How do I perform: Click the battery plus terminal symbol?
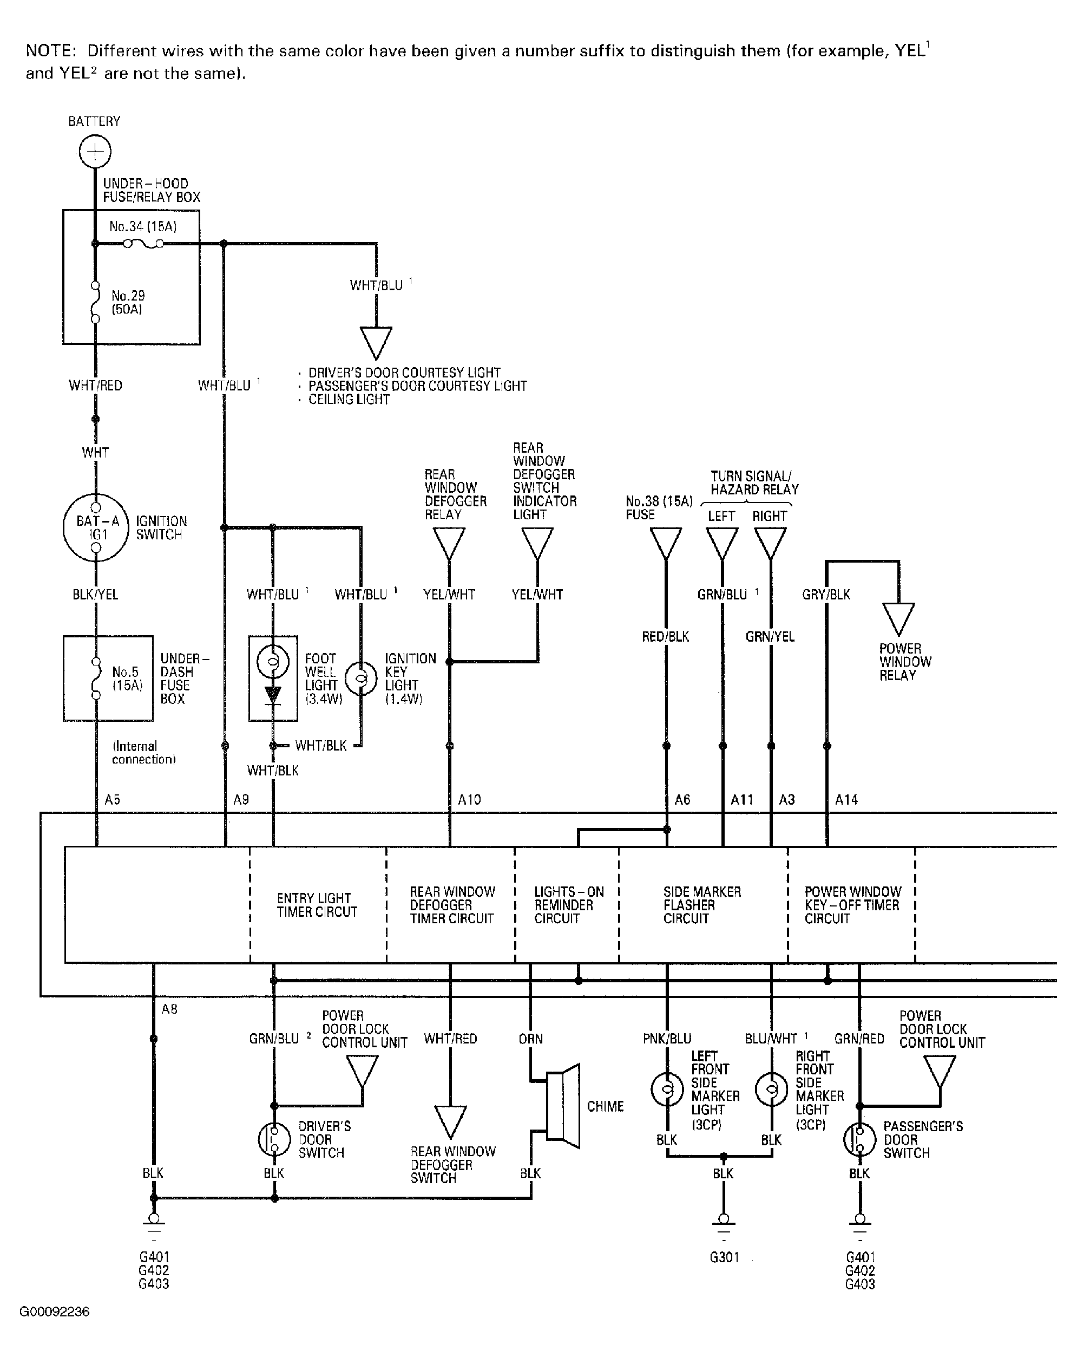point(95,152)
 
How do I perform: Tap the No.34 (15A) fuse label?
point(143,226)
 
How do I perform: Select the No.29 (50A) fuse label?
point(128,302)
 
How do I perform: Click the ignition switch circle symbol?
point(96,527)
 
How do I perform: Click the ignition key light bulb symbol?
point(361,678)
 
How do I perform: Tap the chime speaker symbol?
point(563,1106)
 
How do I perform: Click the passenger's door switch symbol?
point(859,1139)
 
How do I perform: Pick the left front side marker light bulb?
point(667,1089)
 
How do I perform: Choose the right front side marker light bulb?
point(771,1089)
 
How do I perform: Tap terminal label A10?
point(469,799)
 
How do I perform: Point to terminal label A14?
point(846,799)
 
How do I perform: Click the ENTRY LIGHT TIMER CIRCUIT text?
point(317,905)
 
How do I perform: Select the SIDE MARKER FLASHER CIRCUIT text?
point(702,905)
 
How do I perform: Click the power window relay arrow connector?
point(898,619)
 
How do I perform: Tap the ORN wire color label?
point(530,1039)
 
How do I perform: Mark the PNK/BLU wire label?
point(667,1039)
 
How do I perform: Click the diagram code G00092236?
point(55,1312)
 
